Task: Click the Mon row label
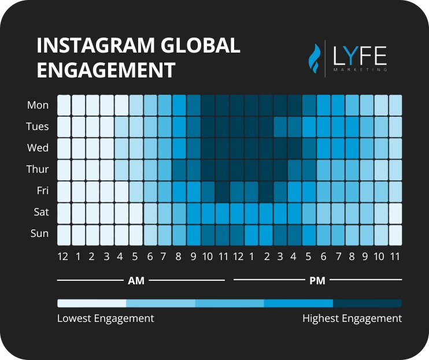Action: (38, 105)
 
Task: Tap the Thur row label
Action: (38, 169)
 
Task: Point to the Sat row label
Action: (41, 212)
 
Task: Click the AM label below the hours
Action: (136, 281)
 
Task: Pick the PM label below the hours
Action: (317, 281)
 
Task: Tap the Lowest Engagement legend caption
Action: (106, 318)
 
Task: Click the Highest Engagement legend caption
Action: (352, 318)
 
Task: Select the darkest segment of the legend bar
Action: (367, 303)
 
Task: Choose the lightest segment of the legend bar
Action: (91, 303)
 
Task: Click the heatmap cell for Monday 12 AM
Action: (64, 105)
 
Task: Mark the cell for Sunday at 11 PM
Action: (395, 233)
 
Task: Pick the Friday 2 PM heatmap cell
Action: (266, 191)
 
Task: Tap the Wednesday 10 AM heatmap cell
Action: (208, 148)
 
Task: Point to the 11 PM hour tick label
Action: (395, 256)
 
